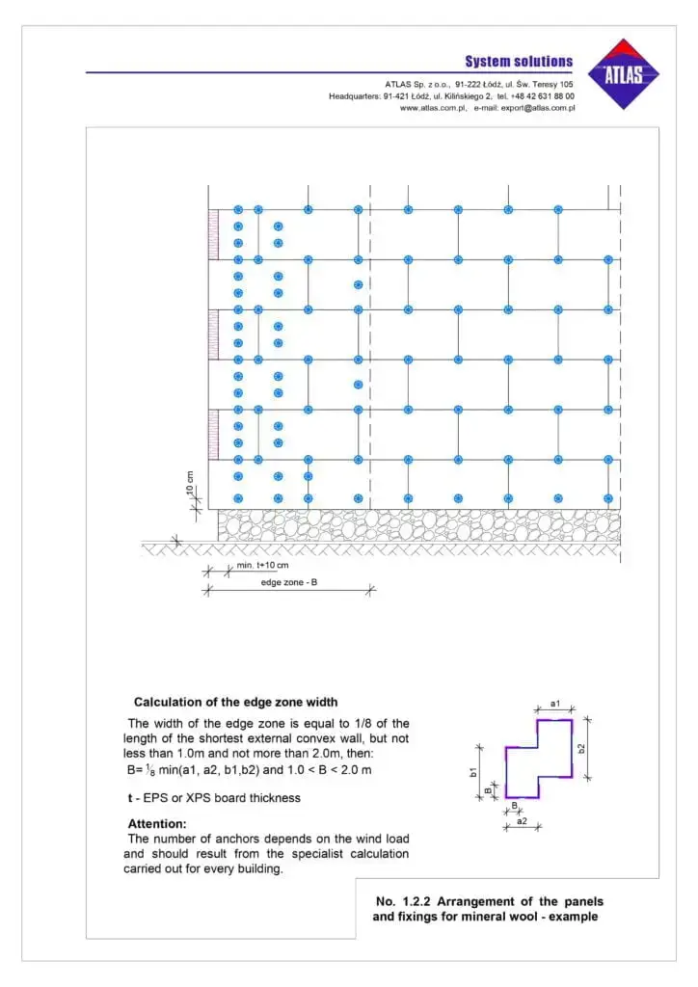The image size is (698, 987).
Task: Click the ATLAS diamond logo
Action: (628, 73)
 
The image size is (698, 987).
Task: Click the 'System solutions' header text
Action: (519, 62)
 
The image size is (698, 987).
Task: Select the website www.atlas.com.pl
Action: (433, 108)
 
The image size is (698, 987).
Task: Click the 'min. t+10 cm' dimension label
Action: (261, 565)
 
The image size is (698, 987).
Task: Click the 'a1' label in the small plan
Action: (555, 705)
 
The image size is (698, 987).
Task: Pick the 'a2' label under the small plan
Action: (522, 820)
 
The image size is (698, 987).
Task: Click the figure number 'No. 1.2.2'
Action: (403, 901)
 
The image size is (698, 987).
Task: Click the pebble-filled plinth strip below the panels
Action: (418, 524)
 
